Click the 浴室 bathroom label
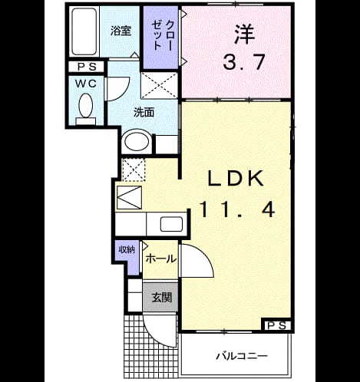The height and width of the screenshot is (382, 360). click(x=121, y=31)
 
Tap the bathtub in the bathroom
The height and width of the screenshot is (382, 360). click(x=84, y=31)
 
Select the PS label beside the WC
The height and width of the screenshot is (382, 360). click(x=87, y=67)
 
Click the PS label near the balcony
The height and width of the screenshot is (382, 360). click(x=276, y=326)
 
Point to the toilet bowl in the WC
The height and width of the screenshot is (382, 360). click(x=86, y=105)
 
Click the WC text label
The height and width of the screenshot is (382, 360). click(x=86, y=84)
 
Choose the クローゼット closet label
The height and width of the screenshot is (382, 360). click(x=162, y=35)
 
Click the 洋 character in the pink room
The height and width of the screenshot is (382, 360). click(x=245, y=34)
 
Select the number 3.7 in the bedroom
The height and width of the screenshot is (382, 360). click(x=244, y=62)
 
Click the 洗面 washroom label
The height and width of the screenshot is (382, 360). click(x=144, y=112)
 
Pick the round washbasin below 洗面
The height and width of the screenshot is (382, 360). click(x=136, y=141)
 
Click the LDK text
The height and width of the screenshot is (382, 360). click(x=236, y=178)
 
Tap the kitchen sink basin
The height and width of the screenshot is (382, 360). click(x=171, y=224)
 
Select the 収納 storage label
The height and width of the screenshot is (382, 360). click(x=127, y=249)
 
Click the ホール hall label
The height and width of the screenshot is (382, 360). click(x=161, y=259)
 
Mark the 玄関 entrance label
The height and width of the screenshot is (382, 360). click(x=161, y=298)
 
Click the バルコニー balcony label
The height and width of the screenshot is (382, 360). click(x=242, y=356)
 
